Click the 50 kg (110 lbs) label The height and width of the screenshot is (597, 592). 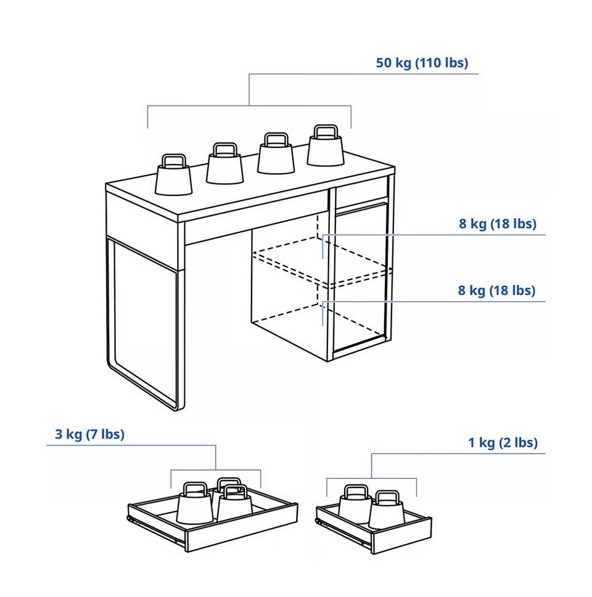tap(422, 63)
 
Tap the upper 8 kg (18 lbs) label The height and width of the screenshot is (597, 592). tap(498, 224)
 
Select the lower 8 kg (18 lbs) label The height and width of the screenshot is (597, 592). tap(496, 291)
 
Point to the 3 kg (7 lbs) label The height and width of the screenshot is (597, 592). tap(89, 434)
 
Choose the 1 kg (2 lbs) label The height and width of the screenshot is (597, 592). tap(503, 442)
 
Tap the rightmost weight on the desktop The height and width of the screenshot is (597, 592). tap(326, 146)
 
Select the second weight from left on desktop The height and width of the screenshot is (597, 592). tap(224, 164)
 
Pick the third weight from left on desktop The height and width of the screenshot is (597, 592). tap(276, 153)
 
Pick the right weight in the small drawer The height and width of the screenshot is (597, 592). tap(387, 510)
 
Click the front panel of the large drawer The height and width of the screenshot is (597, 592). tap(242, 527)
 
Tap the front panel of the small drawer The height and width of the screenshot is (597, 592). tap(401, 535)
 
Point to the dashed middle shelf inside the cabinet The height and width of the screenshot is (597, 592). tap(323, 262)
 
